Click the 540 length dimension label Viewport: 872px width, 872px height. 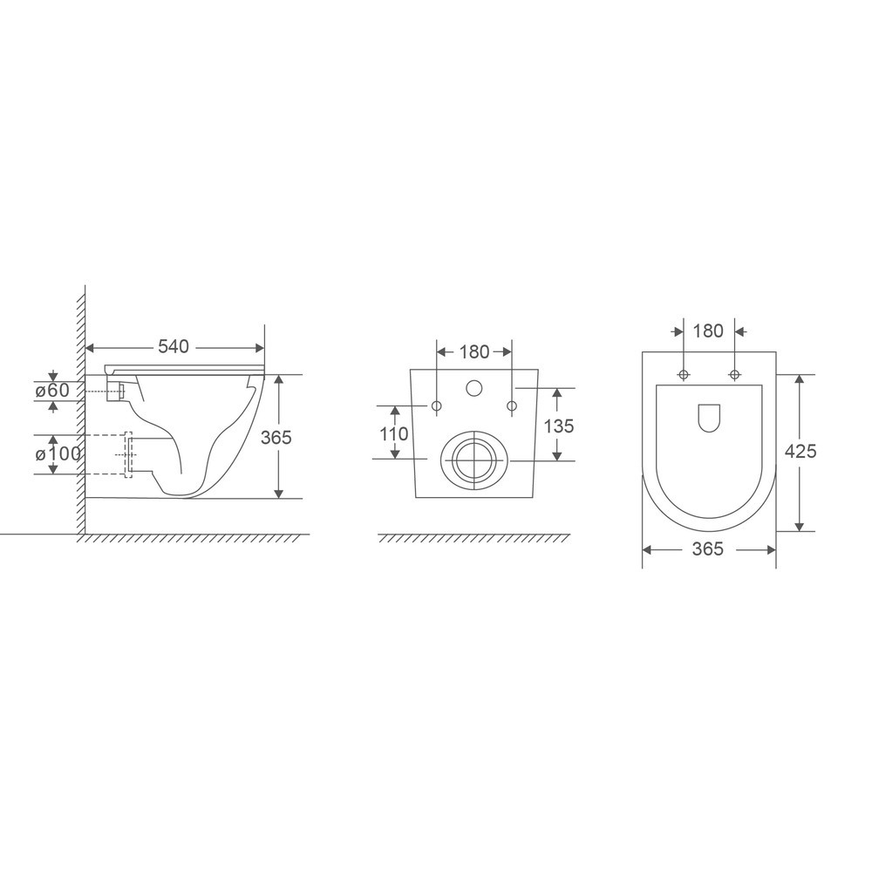pos(174,347)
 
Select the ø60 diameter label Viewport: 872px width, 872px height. pos(52,391)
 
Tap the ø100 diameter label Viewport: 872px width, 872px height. pos(58,453)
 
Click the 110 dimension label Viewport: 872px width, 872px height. pos(394,433)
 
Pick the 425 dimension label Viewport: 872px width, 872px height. pos(800,451)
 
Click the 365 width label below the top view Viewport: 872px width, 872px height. pos(708,549)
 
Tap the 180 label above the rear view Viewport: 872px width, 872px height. pos(473,352)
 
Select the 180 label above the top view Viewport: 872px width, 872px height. pos(708,331)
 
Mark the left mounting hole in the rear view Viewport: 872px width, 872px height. pos(436,405)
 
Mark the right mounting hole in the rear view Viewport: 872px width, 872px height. pos(512,405)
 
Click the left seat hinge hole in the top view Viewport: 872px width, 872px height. pos(683,375)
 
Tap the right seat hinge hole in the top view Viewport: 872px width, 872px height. pos(734,375)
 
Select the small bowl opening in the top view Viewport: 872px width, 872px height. pos(709,418)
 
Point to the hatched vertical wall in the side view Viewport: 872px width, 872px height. pos(79,410)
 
